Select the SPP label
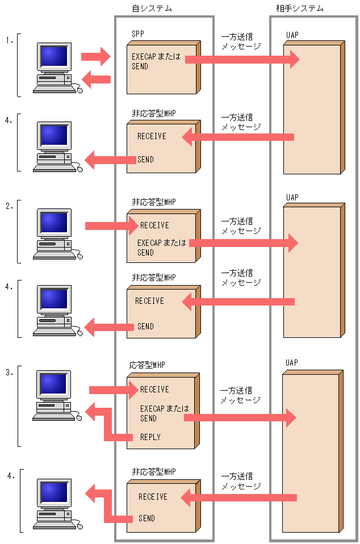[137, 35]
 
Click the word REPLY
[150, 437]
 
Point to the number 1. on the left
[9, 40]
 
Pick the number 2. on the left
[9, 206]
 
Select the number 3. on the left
[9, 372]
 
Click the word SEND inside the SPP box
[140, 66]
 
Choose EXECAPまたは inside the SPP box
[156, 57]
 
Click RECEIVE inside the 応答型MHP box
[154, 390]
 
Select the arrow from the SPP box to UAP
[241, 59]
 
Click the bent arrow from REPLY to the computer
[108, 426]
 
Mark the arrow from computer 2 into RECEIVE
[111, 226]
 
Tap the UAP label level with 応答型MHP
[292, 362]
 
